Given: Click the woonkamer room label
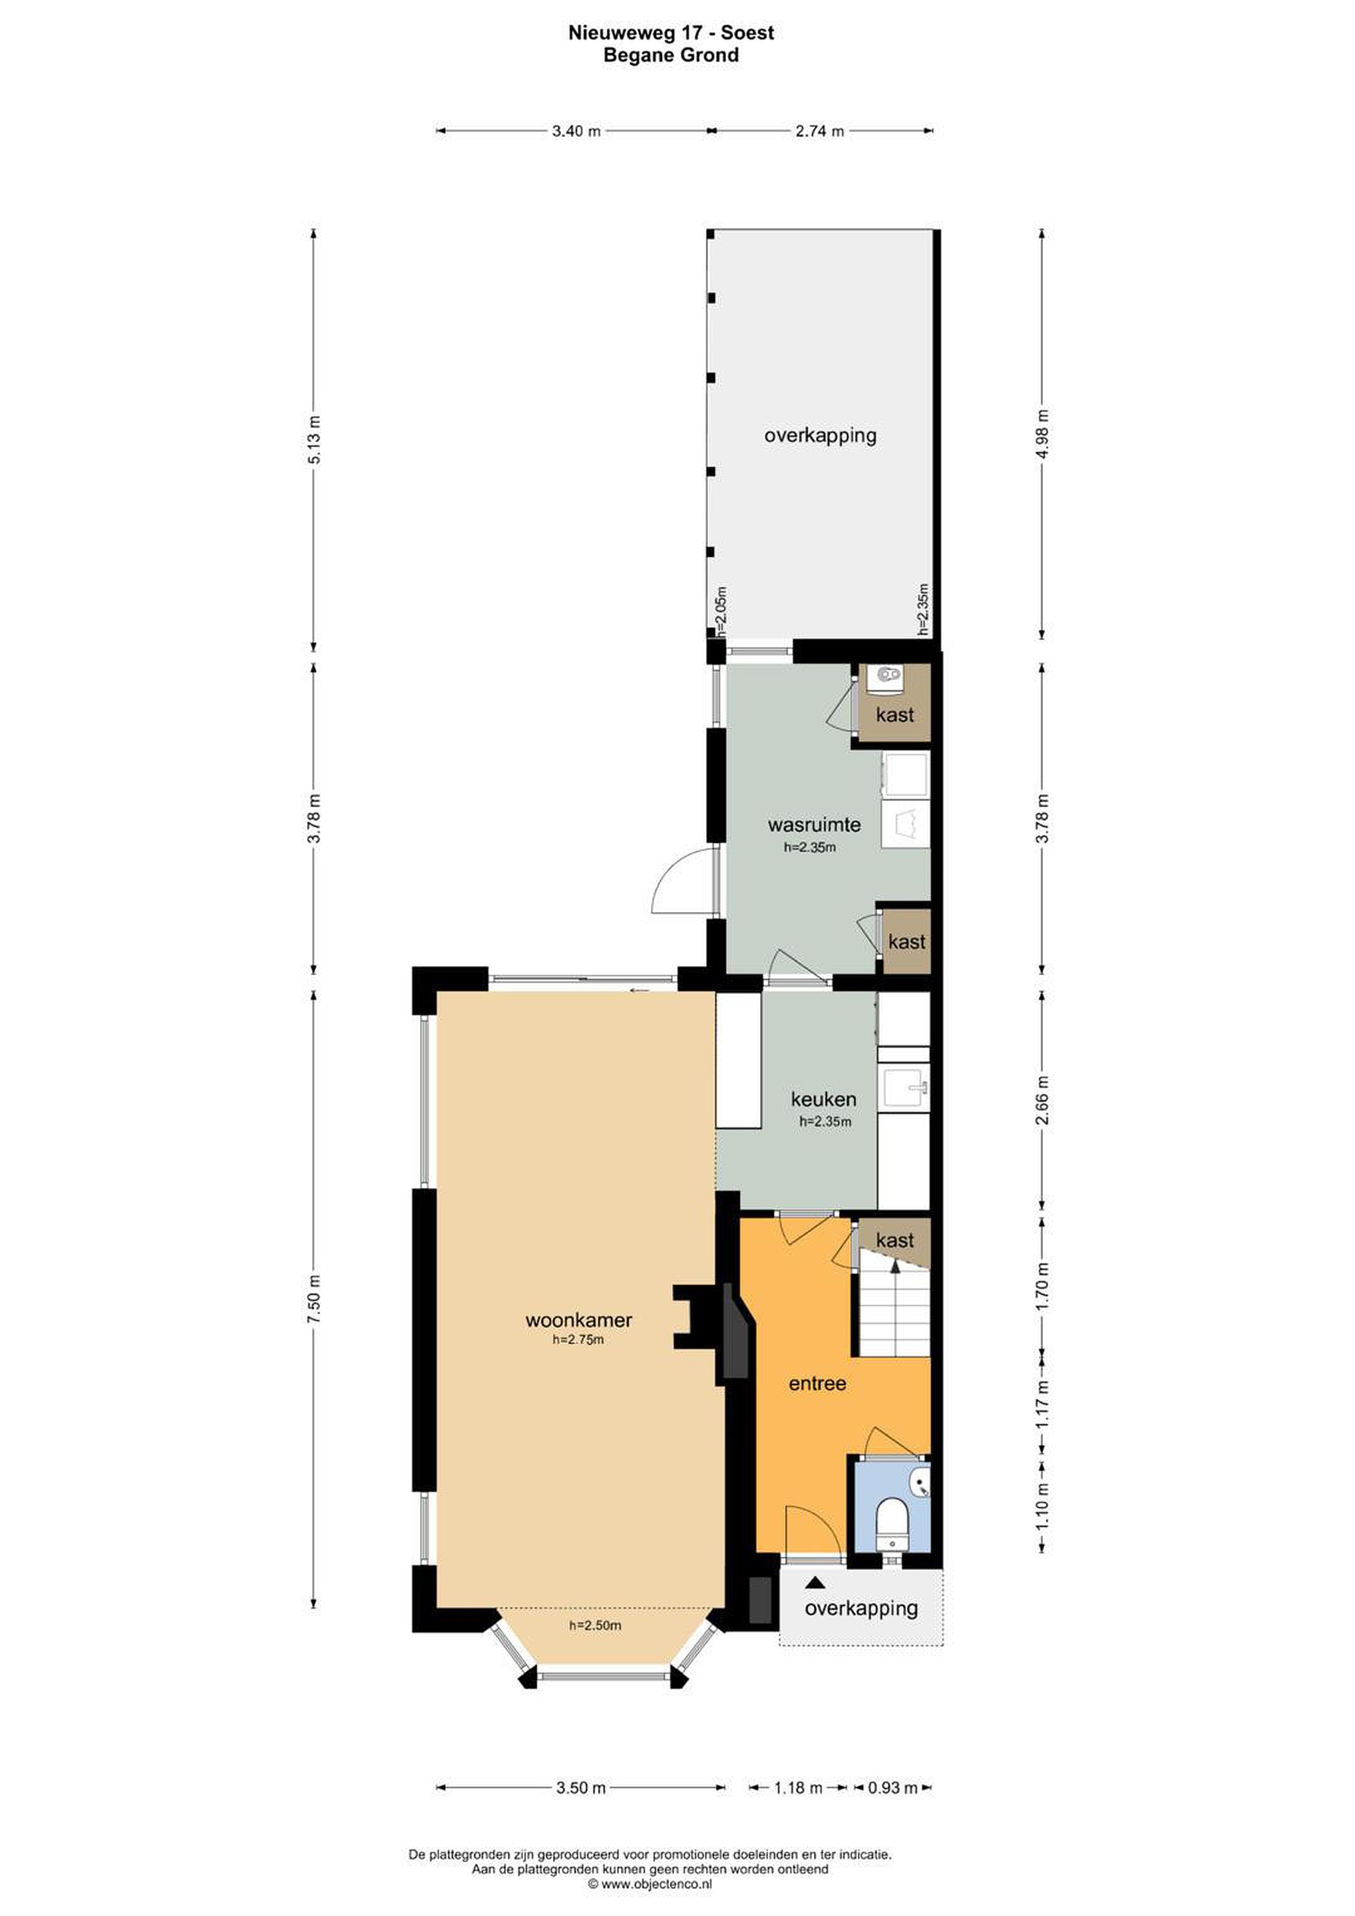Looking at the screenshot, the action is point(578,1320).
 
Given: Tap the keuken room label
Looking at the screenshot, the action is point(823,1099).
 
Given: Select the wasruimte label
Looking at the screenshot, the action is point(803,824).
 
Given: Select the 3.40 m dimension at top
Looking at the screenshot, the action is point(576,131).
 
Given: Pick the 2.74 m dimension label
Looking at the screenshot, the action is point(820,131).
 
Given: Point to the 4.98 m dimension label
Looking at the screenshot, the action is point(1042,435).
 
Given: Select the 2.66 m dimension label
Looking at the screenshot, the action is point(1042,1100).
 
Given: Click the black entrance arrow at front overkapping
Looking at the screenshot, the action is point(814,1581).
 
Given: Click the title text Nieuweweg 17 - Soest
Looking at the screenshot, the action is point(672,33).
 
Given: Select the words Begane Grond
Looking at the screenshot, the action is point(672,55).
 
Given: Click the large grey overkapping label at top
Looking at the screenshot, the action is point(820,435).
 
